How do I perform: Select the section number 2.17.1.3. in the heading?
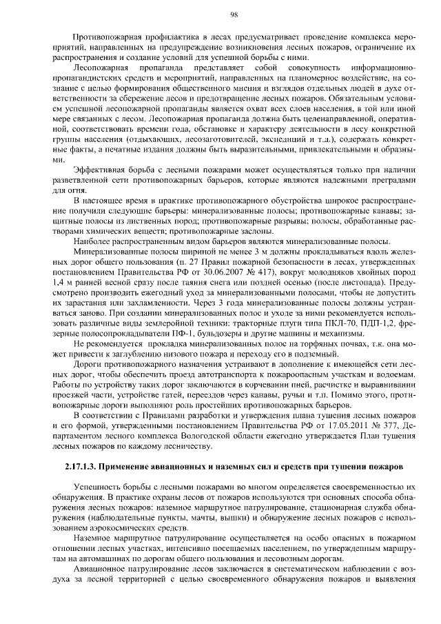tap(81, 467)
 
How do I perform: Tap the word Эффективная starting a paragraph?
tap(100, 170)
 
